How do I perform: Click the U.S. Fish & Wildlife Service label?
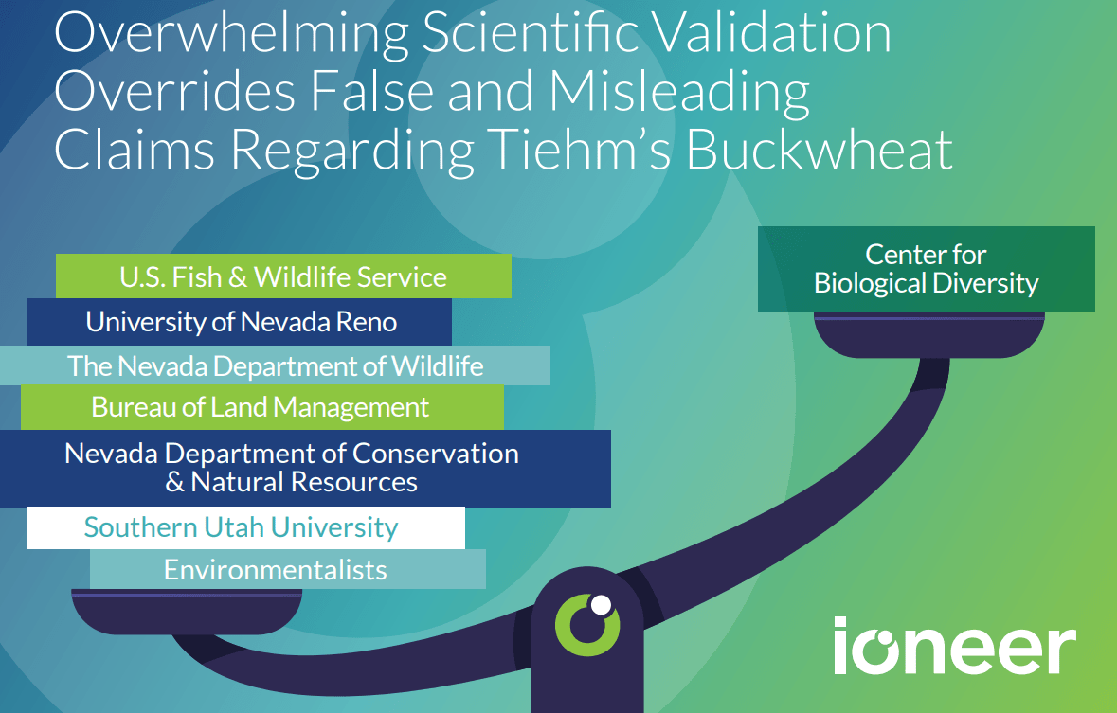pos(283,276)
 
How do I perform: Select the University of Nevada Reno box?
pos(241,322)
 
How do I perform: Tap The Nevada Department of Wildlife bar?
pos(275,365)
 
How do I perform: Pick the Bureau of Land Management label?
pos(261,407)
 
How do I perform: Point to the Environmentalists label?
pos(276,570)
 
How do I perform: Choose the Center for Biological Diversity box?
pos(926,269)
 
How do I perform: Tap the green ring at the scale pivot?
pos(586,625)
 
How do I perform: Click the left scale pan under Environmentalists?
pos(187,611)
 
